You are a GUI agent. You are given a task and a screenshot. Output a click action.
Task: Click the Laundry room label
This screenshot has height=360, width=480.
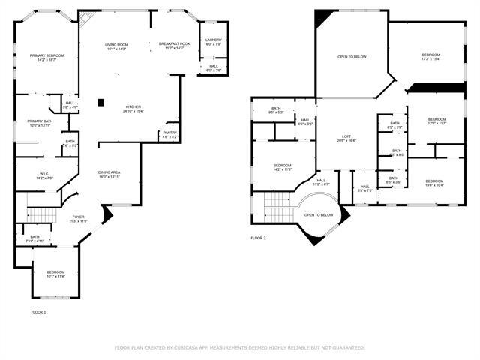[214, 42]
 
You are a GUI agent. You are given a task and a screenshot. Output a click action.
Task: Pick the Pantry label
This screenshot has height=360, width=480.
[169, 134]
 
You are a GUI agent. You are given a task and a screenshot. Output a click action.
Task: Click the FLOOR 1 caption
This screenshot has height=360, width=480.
[38, 311]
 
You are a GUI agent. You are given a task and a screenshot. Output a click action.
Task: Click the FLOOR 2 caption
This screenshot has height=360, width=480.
[258, 238]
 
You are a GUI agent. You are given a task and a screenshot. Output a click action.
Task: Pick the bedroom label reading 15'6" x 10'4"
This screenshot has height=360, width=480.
[435, 182]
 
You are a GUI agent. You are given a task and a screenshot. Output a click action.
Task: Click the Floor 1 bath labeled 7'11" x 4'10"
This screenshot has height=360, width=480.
[34, 238]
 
